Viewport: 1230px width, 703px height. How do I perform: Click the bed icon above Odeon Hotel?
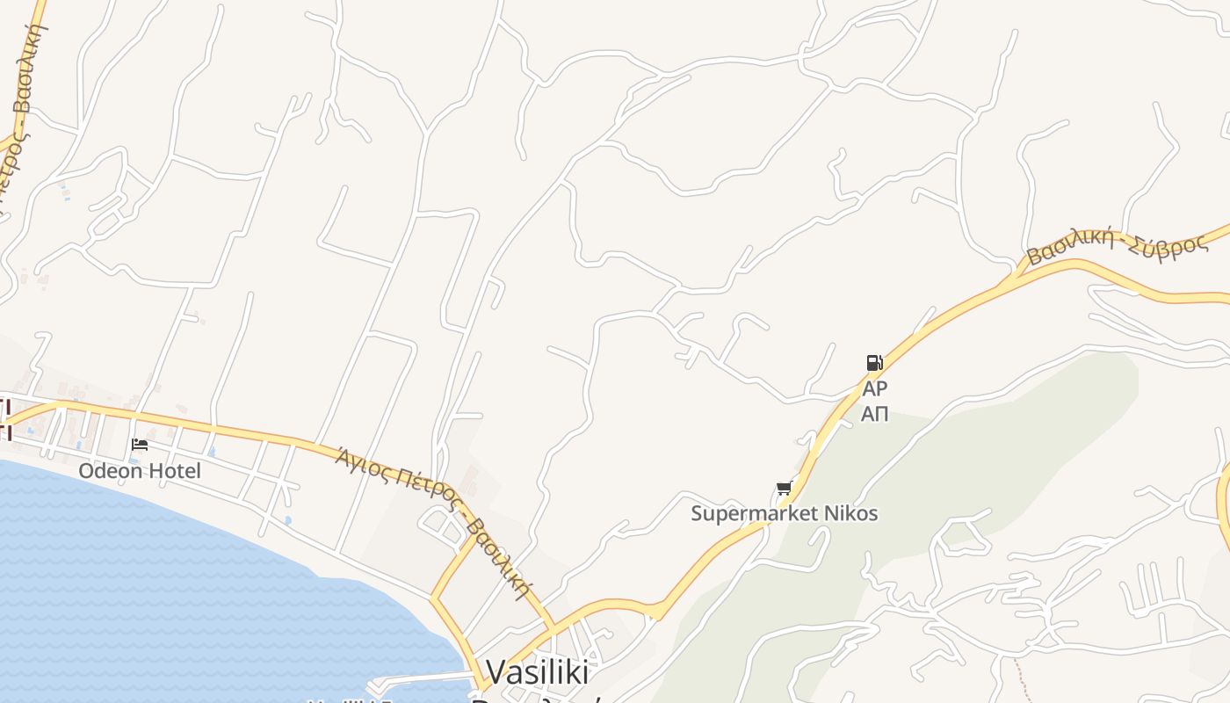pos(139,445)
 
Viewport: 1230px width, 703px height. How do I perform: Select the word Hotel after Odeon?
pos(173,471)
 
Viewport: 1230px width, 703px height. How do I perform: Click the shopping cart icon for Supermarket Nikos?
pos(784,489)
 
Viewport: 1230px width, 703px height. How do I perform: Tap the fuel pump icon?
pos(874,362)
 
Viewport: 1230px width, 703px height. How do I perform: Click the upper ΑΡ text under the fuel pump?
pos(875,388)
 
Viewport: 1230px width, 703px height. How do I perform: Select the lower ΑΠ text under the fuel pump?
pos(874,413)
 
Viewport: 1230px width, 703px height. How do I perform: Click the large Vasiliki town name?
pos(537,672)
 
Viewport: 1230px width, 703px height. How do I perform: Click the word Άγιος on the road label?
pos(360,459)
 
